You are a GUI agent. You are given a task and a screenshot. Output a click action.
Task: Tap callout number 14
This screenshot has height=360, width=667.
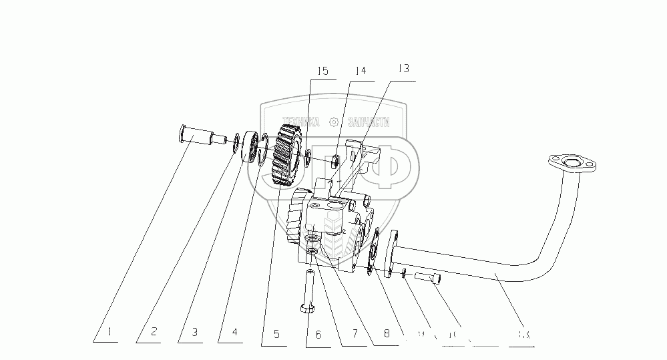click(361, 71)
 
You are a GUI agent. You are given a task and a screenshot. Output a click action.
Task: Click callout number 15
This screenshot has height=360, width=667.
click(322, 71)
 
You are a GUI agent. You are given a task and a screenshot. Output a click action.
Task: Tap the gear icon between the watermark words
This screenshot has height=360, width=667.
click(335, 122)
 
